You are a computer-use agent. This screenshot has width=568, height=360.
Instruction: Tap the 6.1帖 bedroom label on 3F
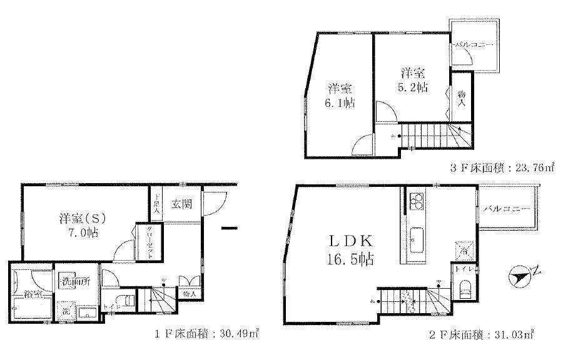point(340,96)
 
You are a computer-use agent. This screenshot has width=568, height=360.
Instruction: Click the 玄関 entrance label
point(182,203)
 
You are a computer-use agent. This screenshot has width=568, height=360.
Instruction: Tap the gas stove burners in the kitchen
point(417,201)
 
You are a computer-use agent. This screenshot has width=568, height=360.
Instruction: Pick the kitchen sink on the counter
point(417,239)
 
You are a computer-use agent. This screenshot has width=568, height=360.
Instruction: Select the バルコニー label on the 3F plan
point(474,45)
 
